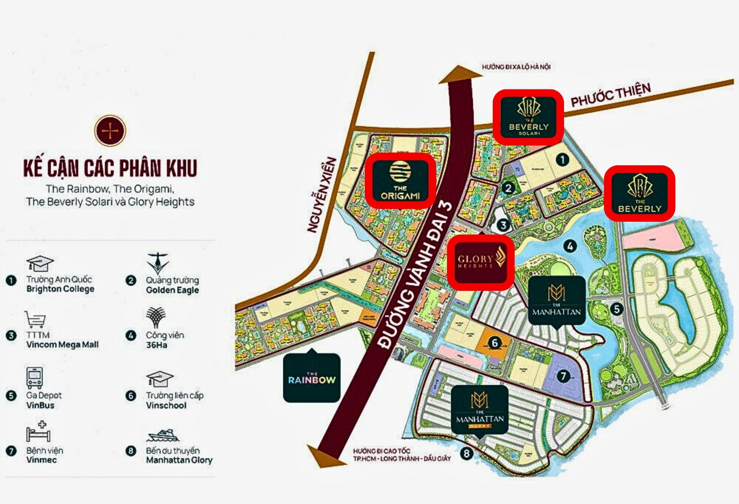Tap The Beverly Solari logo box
click(528, 117)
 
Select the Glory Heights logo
click(481, 262)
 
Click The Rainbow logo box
click(312, 378)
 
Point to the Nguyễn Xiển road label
click(322, 195)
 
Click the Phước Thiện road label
click(611, 95)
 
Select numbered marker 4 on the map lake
click(570, 246)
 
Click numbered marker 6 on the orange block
click(494, 343)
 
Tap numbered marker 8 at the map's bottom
click(466, 454)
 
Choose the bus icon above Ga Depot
click(35, 377)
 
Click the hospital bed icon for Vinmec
click(38, 431)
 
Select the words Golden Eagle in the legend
click(172, 290)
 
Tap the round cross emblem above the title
click(110, 130)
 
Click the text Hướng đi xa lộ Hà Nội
click(516, 67)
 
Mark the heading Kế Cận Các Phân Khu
click(110, 168)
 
